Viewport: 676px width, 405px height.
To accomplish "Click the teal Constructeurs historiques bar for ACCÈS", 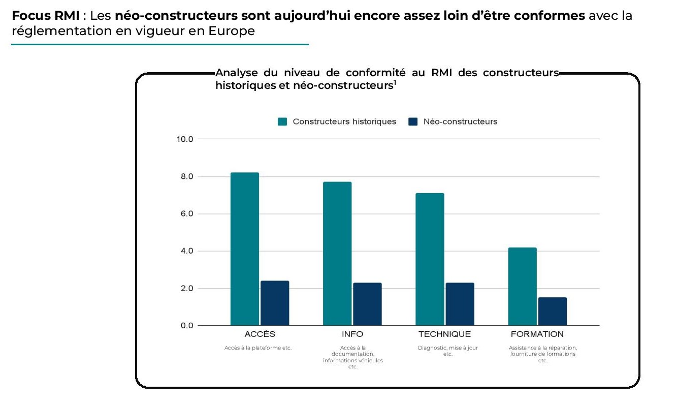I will [244, 249].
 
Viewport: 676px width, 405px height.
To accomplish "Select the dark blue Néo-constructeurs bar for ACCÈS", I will [275, 303].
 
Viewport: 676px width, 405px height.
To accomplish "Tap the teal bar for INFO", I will [337, 254].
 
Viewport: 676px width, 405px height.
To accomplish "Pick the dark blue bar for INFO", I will [367, 304].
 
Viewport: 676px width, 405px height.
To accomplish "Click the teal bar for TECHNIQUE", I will [430, 259].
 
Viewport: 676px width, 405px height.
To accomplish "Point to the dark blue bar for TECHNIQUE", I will [460, 304].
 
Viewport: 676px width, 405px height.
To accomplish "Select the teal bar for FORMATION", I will [522, 287].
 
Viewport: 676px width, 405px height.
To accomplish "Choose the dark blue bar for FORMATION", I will [553, 311].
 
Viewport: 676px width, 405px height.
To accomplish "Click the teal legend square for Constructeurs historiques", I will [282, 122].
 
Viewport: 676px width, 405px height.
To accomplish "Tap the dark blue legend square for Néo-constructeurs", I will [413, 122].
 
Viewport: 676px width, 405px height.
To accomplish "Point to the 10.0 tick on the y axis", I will [185, 139].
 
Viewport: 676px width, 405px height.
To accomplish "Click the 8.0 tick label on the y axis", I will [185, 177].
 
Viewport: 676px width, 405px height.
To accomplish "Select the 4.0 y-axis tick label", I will [185, 251].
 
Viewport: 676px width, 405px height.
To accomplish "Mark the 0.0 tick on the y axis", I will [185, 326].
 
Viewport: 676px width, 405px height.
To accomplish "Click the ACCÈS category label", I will [260, 334].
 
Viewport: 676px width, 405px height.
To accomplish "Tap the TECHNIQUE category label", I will [444, 334].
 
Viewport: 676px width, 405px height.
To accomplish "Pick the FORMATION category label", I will [537, 334].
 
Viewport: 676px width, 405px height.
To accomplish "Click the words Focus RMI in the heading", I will [45, 15].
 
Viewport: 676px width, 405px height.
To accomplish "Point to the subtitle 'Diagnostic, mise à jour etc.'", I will [447, 351].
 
